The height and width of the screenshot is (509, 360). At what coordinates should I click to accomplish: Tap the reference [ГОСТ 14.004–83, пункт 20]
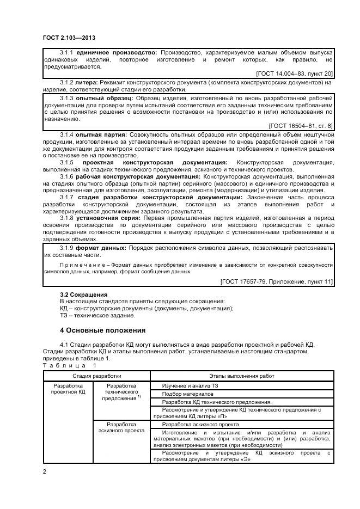tap(294, 73)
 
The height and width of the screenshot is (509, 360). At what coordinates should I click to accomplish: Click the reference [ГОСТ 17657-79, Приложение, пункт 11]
tap(277, 281)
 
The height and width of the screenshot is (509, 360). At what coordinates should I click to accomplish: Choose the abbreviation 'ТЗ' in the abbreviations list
tap(63, 315)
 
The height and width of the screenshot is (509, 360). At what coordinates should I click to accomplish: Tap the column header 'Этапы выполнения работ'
tap(242, 376)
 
